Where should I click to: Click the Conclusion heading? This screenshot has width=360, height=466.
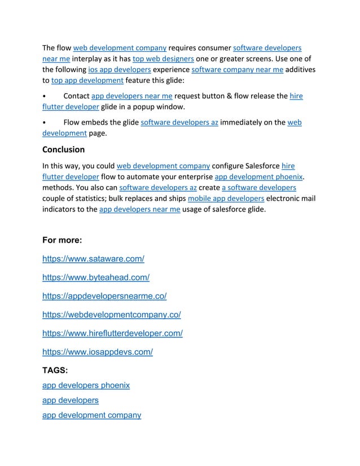pyautogui.click(x=64, y=150)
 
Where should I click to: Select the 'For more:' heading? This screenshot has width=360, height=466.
pyautogui.click(x=62, y=240)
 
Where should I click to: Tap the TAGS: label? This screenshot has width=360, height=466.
pyautogui.click(x=55, y=370)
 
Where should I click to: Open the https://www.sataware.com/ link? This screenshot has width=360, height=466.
pyautogui.click(x=93, y=259)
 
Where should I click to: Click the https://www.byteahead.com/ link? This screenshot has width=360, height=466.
pyautogui.click(x=96, y=278)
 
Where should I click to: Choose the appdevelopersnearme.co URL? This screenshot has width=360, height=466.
pyautogui.click(x=104, y=296)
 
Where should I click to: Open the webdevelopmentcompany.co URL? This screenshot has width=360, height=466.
pyautogui.click(x=112, y=315)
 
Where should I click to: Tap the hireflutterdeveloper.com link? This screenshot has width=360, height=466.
pyautogui.click(x=112, y=333)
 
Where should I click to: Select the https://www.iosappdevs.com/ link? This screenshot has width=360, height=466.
pyautogui.click(x=98, y=352)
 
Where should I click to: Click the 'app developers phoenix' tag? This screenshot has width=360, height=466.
pyautogui.click(x=86, y=385)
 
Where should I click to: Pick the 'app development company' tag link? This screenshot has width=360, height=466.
pyautogui.click(x=91, y=415)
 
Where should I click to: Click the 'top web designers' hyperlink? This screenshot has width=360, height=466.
pyautogui.click(x=164, y=59)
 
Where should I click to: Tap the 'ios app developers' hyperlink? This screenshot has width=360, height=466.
pyautogui.click(x=120, y=69)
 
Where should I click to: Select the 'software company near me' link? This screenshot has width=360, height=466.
pyautogui.click(x=237, y=69)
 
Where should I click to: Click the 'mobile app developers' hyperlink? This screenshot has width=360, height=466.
pyautogui.click(x=226, y=199)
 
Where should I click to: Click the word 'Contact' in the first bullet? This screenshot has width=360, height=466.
pyautogui.click(x=76, y=96)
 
